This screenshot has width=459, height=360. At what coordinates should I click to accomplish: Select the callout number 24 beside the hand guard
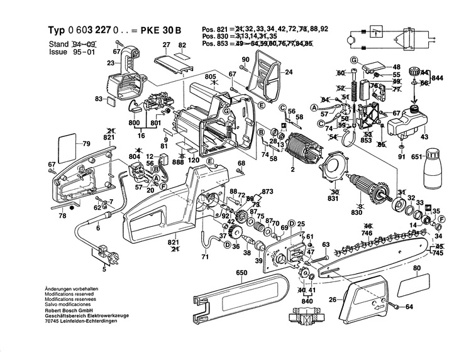coord(289,72)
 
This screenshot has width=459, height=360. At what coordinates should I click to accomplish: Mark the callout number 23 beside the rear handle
coord(111,63)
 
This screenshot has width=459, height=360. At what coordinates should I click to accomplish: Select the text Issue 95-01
coord(69,52)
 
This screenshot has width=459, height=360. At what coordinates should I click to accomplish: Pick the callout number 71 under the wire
coord(205,257)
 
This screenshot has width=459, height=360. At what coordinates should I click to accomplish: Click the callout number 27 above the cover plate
coord(167,45)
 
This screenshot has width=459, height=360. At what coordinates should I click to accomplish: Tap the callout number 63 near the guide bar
coord(326,244)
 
